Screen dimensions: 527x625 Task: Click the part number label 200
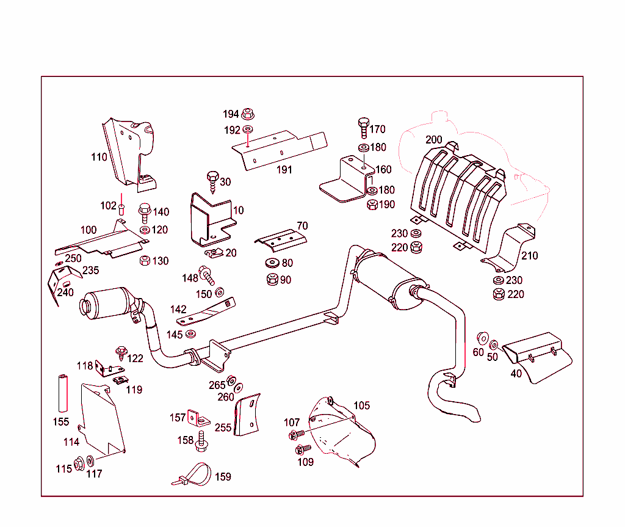434,140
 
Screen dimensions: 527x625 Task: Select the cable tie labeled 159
192,474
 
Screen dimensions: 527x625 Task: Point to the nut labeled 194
247,114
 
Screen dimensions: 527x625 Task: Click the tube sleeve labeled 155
61,393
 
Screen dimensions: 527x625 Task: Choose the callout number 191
284,170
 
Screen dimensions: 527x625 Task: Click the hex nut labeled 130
145,261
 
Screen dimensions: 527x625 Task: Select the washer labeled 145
191,334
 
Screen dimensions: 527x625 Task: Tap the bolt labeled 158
200,441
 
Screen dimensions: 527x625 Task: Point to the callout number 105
361,405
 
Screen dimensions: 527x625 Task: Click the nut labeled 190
372,205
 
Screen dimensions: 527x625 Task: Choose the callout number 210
529,255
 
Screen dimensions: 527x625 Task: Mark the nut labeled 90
272,280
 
